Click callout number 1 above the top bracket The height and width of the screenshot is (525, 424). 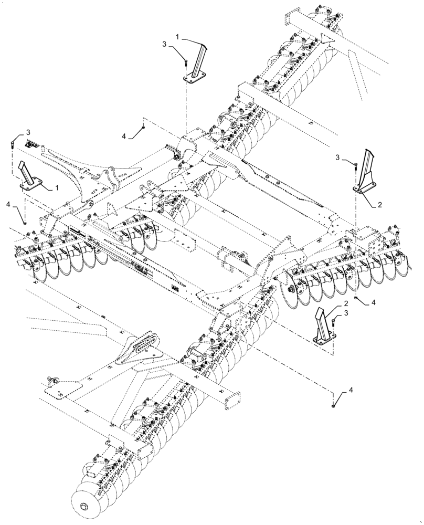coord(177,37)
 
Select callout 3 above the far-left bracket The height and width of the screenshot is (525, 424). coord(29,131)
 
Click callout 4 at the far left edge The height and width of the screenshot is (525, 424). coord(8,203)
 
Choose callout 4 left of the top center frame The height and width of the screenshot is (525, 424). coord(124,136)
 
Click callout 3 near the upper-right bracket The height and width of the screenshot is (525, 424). coord(338,157)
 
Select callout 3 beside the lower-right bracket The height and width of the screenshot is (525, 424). coord(346,313)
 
